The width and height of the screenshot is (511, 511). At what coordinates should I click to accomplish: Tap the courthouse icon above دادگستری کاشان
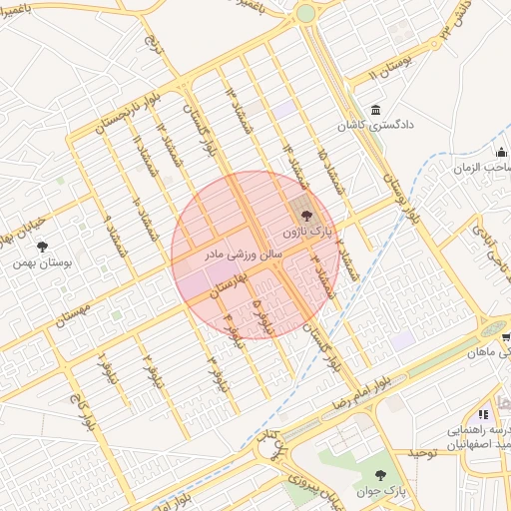(x=375, y=110)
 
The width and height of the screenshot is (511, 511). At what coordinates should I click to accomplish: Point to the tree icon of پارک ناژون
(x=306, y=215)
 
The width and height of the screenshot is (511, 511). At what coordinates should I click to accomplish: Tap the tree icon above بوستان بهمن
(x=41, y=247)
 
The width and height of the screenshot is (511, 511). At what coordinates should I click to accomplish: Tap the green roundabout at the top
(x=305, y=14)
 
